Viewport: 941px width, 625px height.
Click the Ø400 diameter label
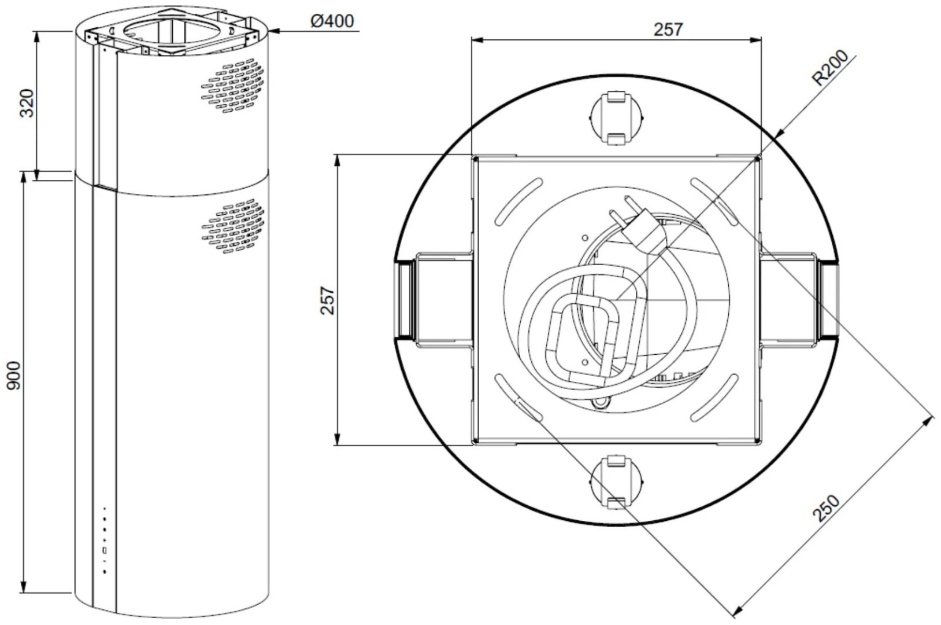pos(332,21)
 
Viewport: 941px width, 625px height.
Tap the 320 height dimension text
pos(28,103)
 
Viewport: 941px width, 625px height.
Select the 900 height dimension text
pos(14,376)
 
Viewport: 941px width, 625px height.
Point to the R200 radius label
pos(830,68)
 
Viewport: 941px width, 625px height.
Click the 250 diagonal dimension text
pos(826,509)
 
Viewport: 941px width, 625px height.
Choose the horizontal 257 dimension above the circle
pos(668,30)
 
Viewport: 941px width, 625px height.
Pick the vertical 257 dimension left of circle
pos(327,300)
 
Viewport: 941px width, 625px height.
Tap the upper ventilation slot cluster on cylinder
pos(233,86)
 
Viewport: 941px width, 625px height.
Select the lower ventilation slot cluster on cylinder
pos(233,226)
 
